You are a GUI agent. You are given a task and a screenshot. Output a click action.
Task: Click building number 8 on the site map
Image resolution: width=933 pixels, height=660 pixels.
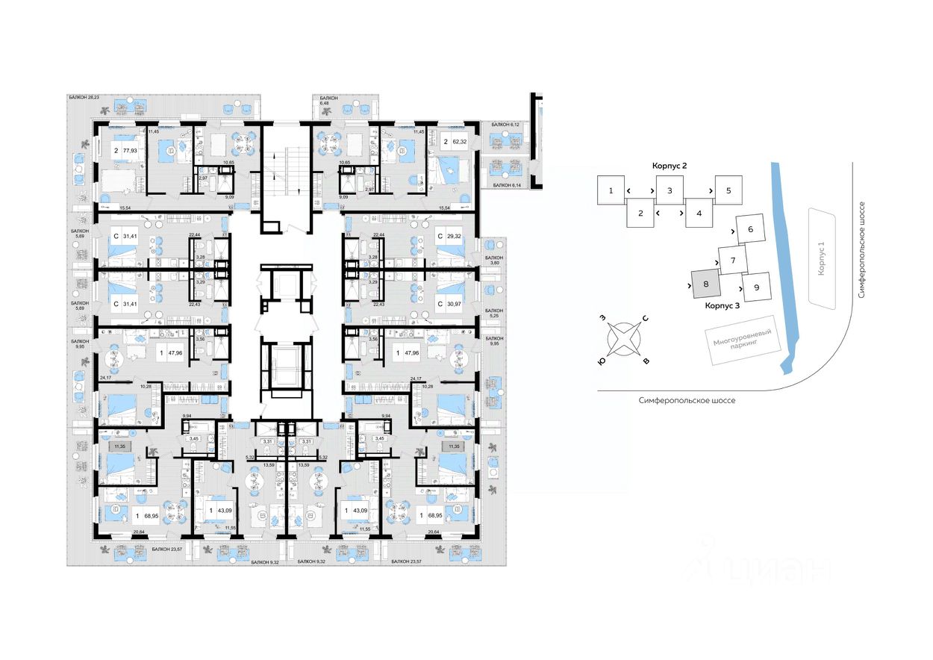[706, 284]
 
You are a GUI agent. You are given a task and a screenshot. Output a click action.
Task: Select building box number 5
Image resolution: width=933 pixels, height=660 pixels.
[728, 190]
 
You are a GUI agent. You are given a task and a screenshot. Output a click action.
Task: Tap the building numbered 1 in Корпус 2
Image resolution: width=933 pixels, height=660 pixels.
[611, 190]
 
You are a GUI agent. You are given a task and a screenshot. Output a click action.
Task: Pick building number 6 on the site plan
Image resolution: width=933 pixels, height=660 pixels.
[750, 229]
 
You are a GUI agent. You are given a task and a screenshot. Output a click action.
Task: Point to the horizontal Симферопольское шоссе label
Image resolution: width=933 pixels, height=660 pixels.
[687, 401]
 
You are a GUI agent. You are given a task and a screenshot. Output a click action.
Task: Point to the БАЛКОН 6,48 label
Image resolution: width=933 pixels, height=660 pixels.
[328, 102]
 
